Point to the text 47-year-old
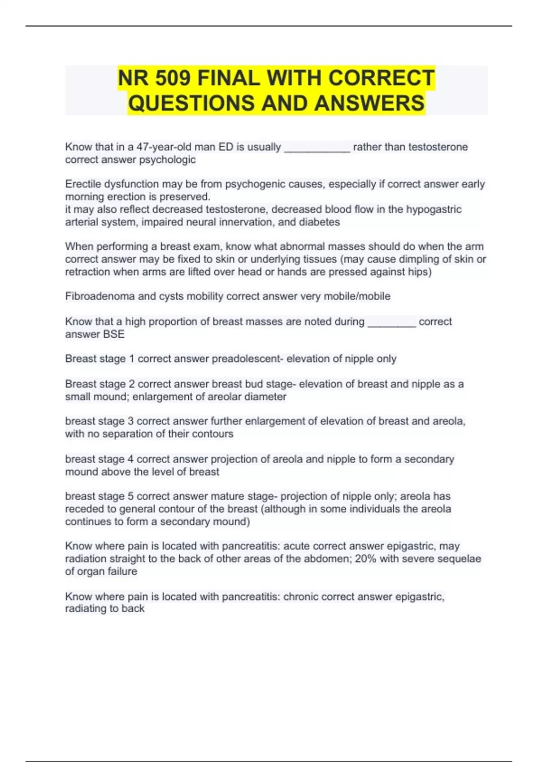[164, 147]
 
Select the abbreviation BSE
[114, 334]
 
